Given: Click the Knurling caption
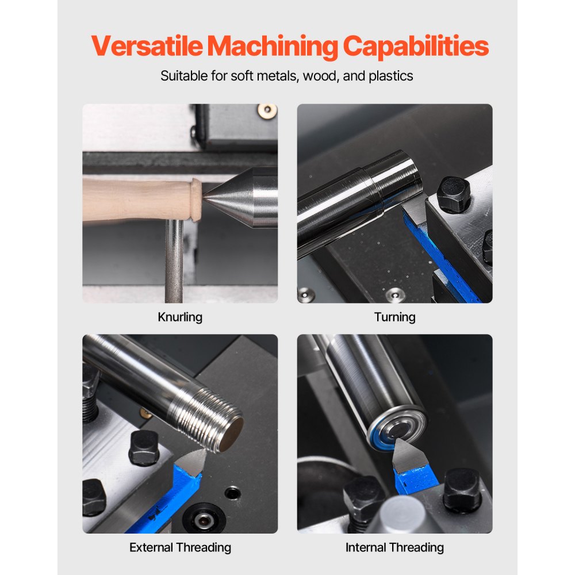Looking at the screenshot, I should point(180,317).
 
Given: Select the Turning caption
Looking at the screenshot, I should point(394,317).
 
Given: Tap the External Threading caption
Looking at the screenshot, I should point(180,547).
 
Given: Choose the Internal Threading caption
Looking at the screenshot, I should point(394,547).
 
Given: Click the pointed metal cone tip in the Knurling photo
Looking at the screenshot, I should point(216,197).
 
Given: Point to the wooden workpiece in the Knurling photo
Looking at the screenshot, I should point(138,200).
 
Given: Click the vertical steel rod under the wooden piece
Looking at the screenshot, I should point(174,259).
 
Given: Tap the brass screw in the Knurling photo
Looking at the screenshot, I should point(267,110).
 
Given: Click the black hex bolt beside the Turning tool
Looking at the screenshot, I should point(453,194).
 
